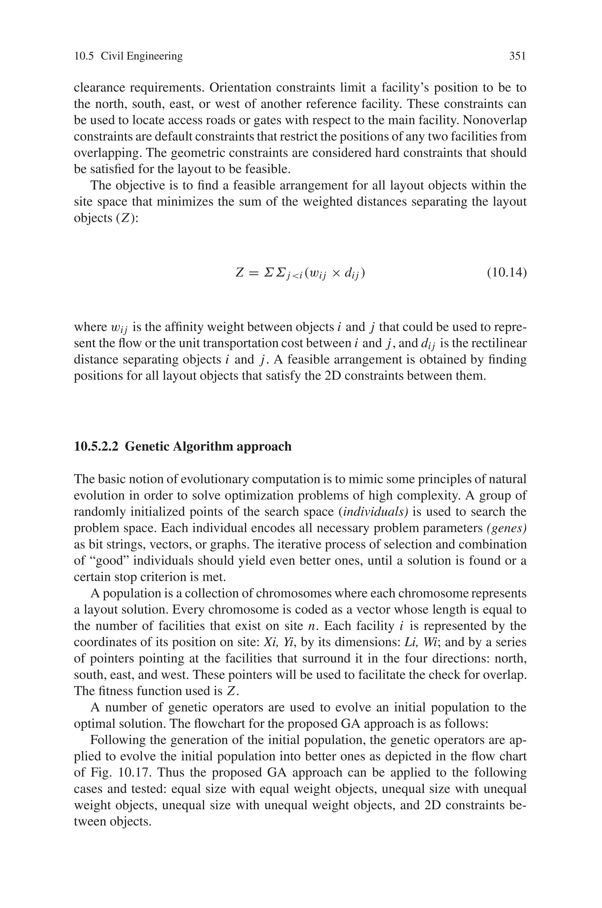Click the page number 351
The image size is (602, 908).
pos(517,56)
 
